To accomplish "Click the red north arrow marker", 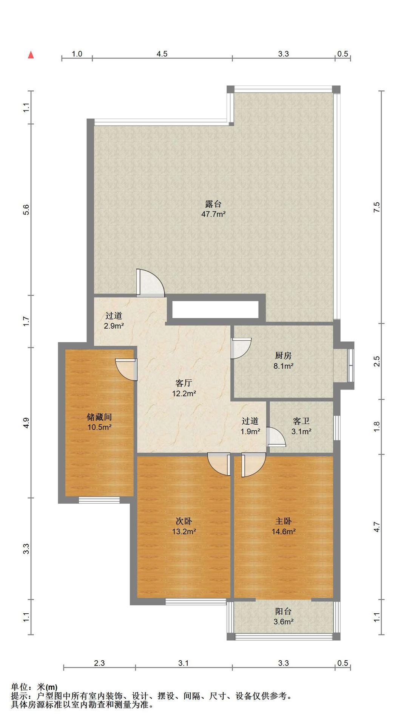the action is coord(31,55).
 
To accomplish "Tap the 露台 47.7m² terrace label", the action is coord(213,209).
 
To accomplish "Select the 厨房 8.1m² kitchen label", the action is coord(283,361).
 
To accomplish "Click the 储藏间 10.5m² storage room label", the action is coord(99,422).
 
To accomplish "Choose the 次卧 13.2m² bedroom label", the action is coord(184,526).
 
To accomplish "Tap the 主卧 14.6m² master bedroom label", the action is coord(283,526).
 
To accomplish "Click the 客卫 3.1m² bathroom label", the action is coord(301,426).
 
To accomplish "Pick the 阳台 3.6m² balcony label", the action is coord(283,616).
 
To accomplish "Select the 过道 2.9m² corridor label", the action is coord(114,320).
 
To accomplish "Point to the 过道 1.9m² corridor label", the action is coord(250,426).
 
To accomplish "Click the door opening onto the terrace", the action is coord(150,283).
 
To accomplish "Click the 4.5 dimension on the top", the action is coord(162,54).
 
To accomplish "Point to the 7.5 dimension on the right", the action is coord(377,207).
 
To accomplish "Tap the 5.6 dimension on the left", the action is coord(26,209).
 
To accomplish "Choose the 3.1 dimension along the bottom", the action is coord(184,663).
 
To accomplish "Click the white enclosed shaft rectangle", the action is coord(216,309).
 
